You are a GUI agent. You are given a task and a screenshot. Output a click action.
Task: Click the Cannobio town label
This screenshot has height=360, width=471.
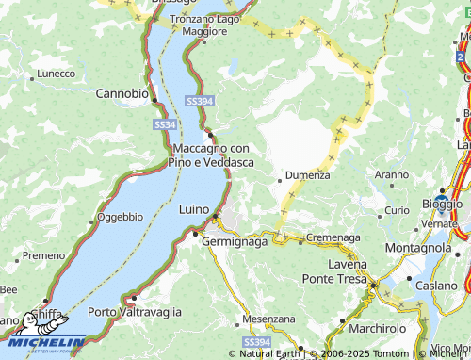tap(122, 93)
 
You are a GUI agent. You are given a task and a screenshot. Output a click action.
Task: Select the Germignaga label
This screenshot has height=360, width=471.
tap(235, 240)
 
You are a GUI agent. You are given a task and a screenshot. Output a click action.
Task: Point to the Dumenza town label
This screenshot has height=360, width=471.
tap(308, 174)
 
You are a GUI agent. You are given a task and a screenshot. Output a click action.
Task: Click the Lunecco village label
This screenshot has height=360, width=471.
tap(56, 74)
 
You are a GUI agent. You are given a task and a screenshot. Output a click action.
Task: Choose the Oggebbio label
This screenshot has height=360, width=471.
tap(120, 217)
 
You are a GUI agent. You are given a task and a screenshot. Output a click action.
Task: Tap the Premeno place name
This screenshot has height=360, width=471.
tap(44, 255)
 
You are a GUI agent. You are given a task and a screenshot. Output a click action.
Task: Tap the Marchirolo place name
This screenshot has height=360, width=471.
tap(376, 328)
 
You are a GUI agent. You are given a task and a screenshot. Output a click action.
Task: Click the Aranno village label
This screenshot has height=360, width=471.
tap(392, 174)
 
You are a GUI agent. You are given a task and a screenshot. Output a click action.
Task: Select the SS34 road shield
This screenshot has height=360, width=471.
tap(164, 124)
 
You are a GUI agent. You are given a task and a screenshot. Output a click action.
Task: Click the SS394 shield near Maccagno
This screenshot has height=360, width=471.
tap(199, 101)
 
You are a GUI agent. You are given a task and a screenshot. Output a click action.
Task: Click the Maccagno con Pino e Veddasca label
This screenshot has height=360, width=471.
tap(211, 155)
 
